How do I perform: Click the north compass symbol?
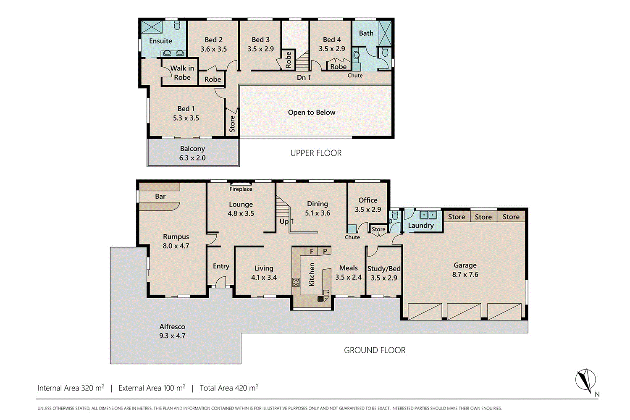point(585,380)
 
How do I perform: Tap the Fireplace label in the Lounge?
point(241,189)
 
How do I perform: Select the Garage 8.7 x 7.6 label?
point(465,270)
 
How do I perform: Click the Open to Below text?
point(311,113)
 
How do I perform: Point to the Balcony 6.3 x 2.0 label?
point(192,153)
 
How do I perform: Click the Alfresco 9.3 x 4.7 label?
point(172,331)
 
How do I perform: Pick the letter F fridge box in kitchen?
point(312,251)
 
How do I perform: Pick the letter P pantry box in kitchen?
point(325,251)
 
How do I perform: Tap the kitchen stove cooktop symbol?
point(296,282)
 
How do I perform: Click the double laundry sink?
point(429,215)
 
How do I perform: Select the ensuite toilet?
point(177,26)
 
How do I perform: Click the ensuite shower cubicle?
point(151,27)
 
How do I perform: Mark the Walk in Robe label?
point(182,73)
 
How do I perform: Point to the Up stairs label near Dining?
point(286,221)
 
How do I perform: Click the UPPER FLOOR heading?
point(316,153)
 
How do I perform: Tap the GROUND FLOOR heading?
point(375,350)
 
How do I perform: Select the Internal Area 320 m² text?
point(71,388)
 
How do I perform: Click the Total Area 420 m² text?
point(229,388)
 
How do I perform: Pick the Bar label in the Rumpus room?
point(160,196)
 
